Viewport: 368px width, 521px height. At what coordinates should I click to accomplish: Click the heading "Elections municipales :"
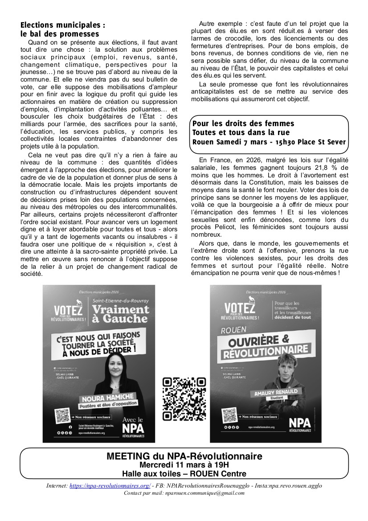click(x=63, y=25)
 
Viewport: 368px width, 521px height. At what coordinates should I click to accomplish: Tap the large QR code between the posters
click(x=184, y=399)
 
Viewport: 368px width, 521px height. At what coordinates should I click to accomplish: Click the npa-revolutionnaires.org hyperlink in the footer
click(x=110, y=486)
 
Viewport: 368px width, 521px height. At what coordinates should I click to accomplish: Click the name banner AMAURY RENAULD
click(x=276, y=393)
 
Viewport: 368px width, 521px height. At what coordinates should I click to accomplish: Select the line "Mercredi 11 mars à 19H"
click(x=184, y=465)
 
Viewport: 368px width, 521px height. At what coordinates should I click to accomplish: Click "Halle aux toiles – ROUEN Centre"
click(x=184, y=473)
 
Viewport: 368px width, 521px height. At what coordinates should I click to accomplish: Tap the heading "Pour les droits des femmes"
click(x=243, y=123)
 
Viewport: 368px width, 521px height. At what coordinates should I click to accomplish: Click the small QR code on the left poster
click(x=62, y=416)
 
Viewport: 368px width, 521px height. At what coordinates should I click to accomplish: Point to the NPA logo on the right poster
click(x=300, y=423)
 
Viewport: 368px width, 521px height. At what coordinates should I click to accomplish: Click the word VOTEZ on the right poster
click(x=240, y=307)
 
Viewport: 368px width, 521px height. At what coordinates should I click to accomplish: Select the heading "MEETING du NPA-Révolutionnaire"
click(x=184, y=456)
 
